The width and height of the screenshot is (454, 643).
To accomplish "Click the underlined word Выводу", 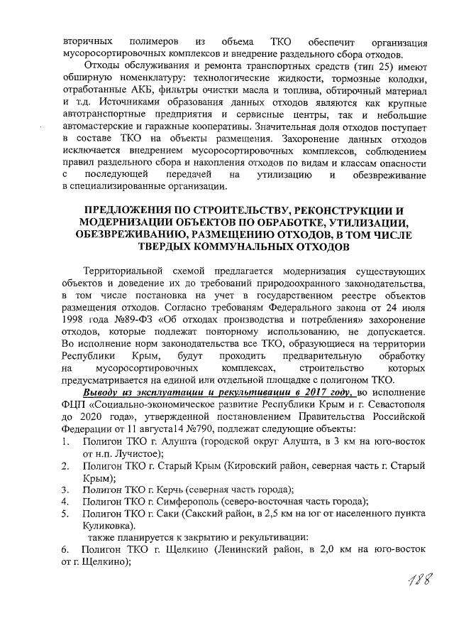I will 101,393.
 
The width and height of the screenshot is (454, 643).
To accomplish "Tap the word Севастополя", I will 393,405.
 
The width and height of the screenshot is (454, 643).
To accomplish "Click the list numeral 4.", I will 65,502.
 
